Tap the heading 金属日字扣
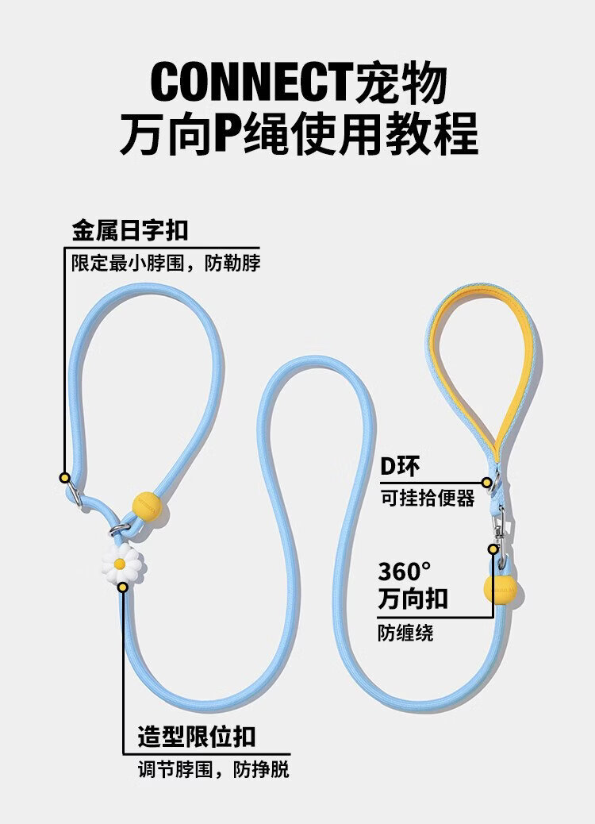tap(130, 231)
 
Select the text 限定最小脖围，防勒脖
tap(166, 263)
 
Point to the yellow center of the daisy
tap(120, 564)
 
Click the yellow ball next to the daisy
tap(147, 506)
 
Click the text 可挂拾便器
tap(428, 498)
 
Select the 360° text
tap(405, 572)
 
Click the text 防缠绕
tap(405, 633)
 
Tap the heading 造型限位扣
tap(197, 737)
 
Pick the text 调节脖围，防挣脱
tap(213, 770)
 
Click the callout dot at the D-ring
tap(487, 483)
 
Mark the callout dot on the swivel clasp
tap(493, 549)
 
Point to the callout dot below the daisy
tap(122, 587)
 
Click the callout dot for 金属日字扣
tap(64, 478)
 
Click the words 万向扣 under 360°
tap(413, 599)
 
